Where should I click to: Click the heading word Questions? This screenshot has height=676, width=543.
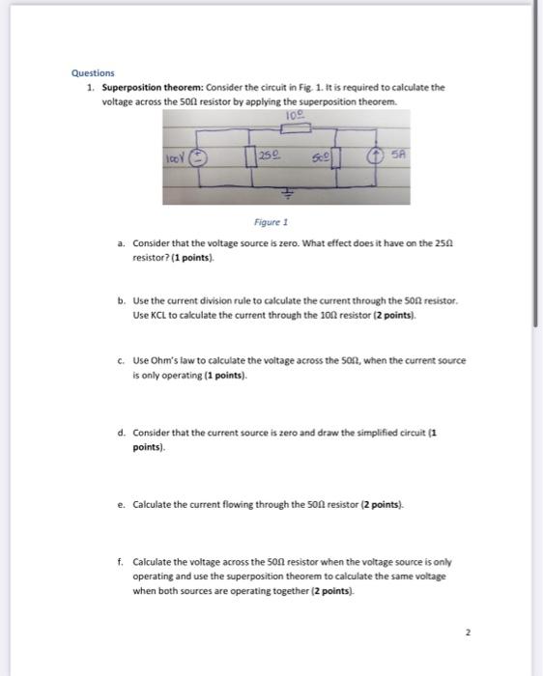coord(93,73)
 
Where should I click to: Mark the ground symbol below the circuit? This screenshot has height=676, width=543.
coord(286,192)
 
